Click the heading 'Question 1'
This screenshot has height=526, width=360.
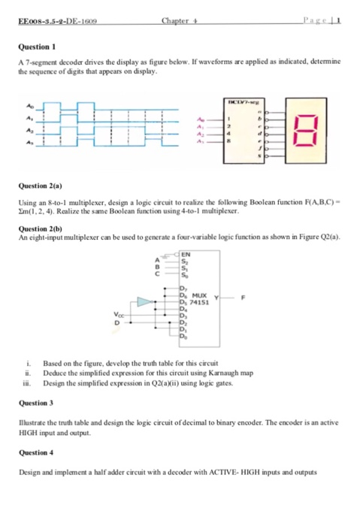[x=34, y=45]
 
